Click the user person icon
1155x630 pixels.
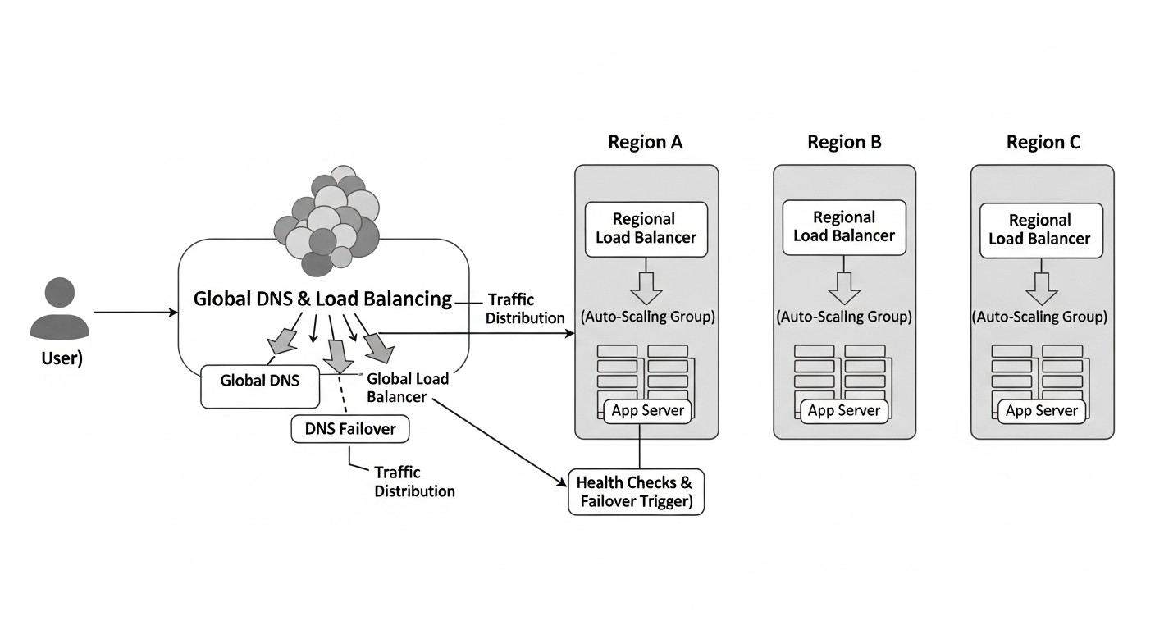[60, 309]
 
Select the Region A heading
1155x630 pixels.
[645, 142]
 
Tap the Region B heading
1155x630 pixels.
[844, 142]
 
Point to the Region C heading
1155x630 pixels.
[1043, 142]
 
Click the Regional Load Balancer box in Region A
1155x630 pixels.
[646, 229]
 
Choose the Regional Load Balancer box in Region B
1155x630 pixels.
[844, 226]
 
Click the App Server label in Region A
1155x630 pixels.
[645, 410]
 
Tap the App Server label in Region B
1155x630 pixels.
[843, 410]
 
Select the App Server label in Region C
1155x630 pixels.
[1041, 410]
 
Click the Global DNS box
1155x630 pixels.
[260, 386]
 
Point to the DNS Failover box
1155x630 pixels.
[349, 428]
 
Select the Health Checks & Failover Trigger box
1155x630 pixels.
[636, 492]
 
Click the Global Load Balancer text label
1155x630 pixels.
[408, 387]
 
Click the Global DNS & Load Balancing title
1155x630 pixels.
[322, 299]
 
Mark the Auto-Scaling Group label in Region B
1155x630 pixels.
[844, 317]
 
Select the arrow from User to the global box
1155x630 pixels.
[135, 313]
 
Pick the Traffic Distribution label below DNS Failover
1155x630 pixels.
[413, 482]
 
